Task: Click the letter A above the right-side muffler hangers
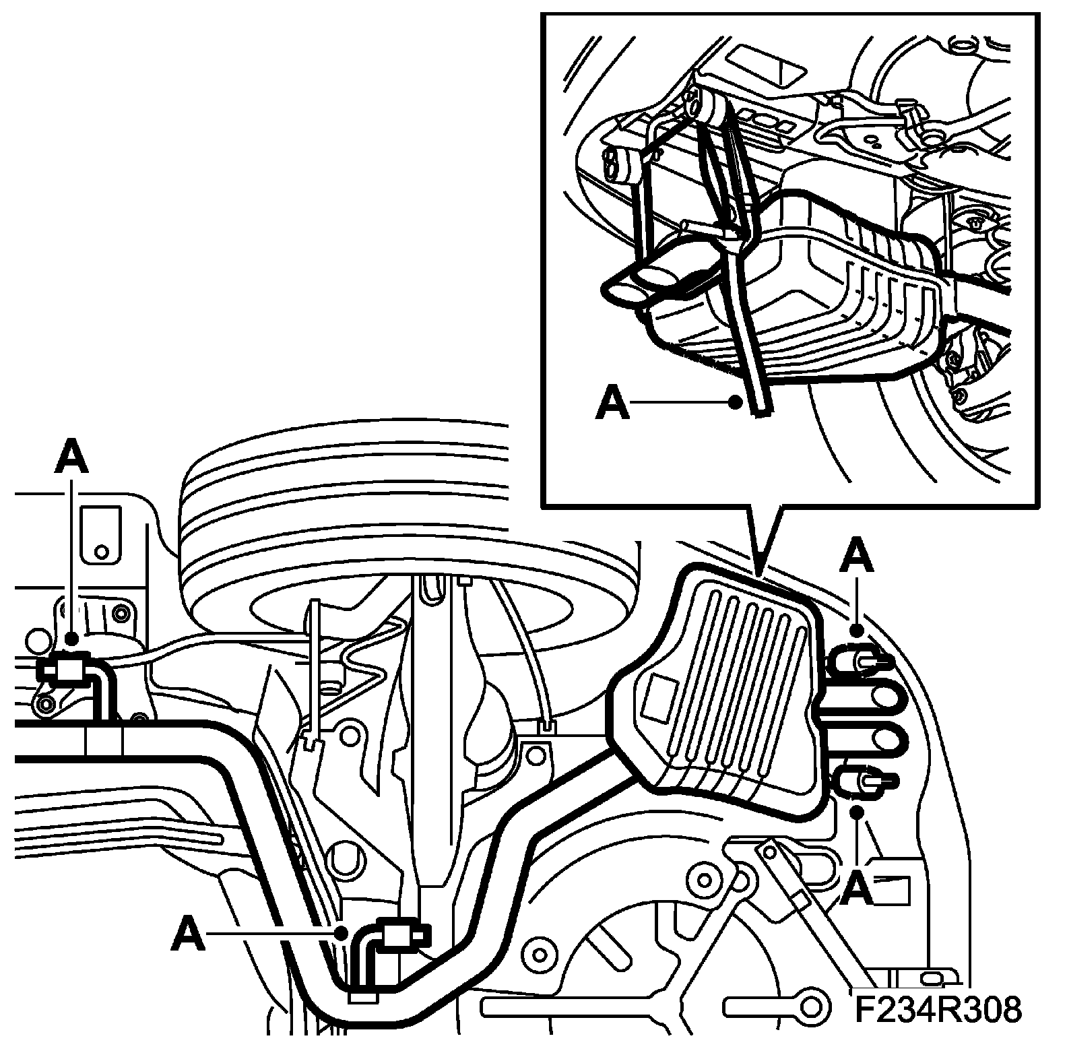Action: (857, 558)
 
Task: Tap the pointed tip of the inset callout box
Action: (761, 573)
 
